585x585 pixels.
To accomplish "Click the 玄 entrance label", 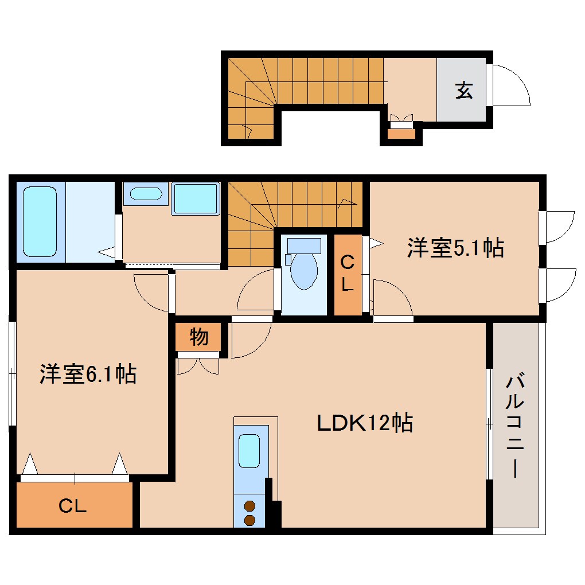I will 464,90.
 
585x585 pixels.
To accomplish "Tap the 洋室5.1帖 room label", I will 455,248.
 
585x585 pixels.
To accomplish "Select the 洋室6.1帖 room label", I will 88,375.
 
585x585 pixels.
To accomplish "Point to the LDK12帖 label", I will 365,423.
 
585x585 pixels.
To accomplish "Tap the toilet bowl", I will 303,270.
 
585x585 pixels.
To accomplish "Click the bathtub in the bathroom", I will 40,221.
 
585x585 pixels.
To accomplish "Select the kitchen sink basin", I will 249,451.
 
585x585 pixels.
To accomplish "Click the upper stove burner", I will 249,506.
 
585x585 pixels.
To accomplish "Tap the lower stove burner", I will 249,520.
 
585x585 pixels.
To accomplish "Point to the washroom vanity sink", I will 146,193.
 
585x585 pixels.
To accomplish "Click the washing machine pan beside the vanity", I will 196,198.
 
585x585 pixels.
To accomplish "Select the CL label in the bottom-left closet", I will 73,506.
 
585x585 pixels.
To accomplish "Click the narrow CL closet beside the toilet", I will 348,275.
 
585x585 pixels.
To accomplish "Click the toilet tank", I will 304,245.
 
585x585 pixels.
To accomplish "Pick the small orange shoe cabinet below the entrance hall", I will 401,134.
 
